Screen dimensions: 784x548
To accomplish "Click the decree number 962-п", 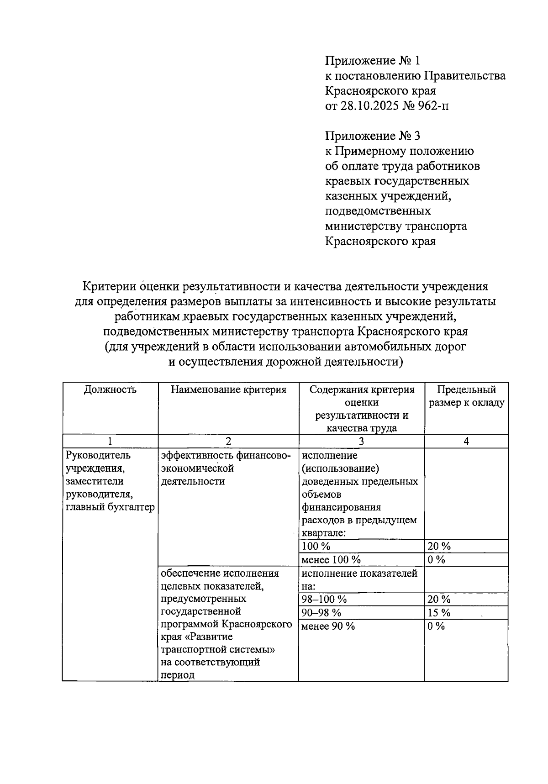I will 433,106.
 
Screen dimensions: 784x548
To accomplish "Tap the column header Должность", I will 110,389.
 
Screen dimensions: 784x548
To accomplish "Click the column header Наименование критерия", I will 228,389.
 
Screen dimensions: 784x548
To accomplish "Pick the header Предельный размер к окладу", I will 466,396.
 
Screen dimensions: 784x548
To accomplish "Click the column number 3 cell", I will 361,441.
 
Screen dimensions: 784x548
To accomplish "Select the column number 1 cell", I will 110,441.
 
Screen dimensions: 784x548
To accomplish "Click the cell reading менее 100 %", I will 331,559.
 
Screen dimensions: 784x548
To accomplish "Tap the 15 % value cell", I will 439,612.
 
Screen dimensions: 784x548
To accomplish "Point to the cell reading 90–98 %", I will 321,612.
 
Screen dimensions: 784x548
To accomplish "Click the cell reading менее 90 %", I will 328,626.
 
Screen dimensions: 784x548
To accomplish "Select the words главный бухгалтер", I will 110,507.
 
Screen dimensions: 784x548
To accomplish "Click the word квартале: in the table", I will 323,533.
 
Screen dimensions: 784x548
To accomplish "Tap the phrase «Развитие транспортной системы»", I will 219,643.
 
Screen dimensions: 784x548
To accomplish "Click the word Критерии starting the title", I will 110,286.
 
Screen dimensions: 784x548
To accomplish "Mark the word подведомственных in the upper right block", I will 378,211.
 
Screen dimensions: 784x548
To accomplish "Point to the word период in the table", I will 178,675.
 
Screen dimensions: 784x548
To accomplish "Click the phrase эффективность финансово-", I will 226,455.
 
